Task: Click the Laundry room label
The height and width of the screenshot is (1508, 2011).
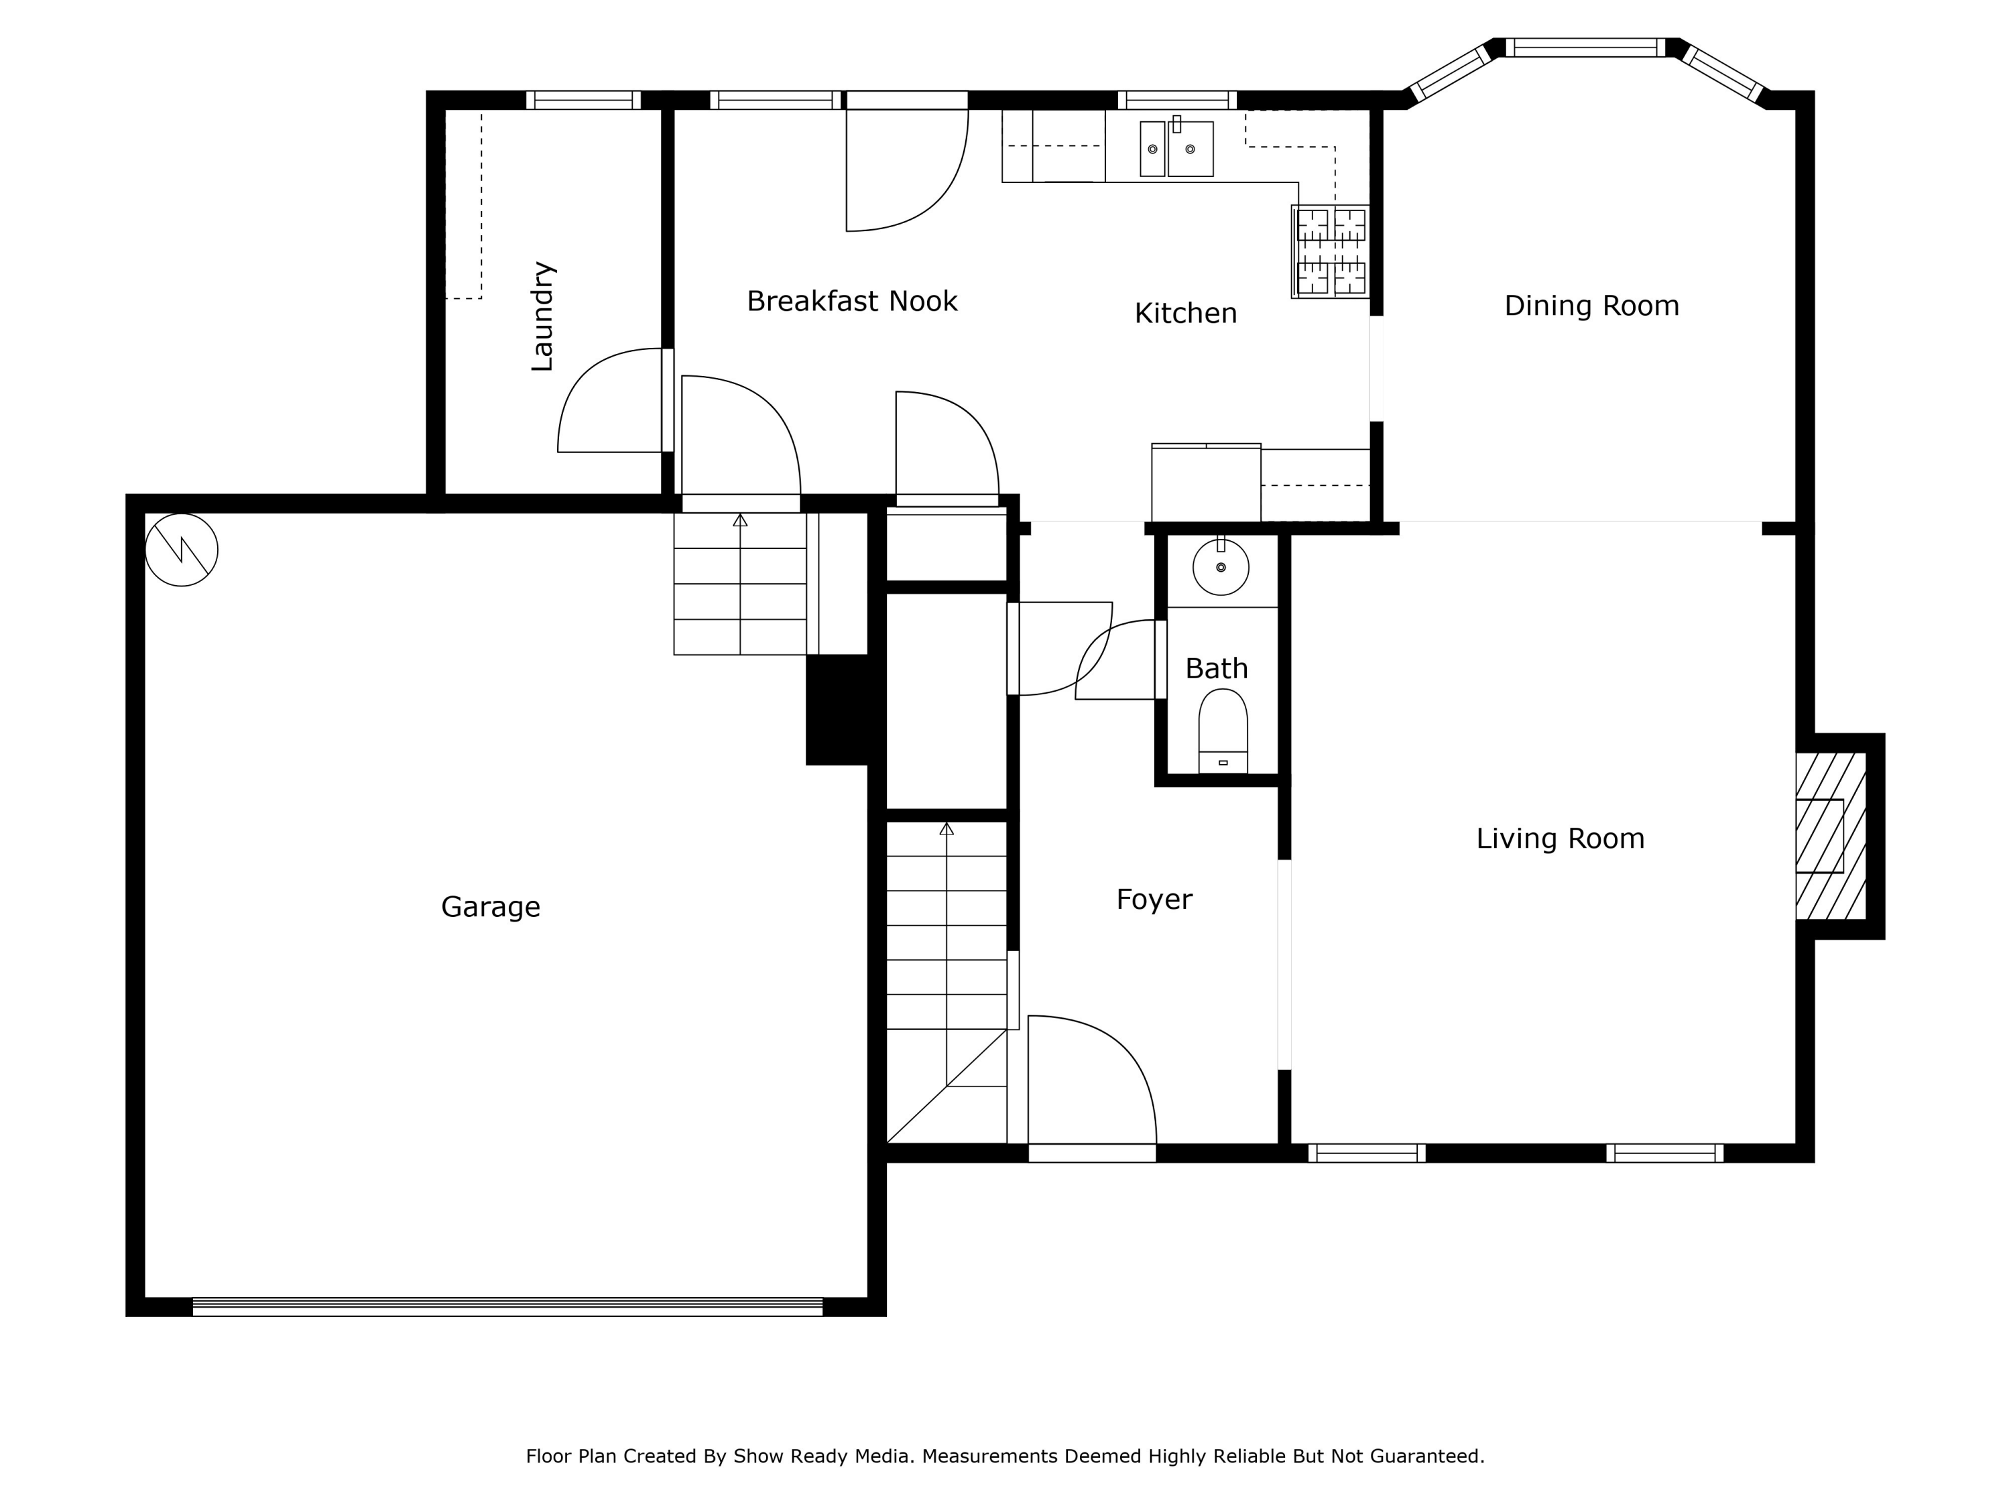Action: (x=542, y=316)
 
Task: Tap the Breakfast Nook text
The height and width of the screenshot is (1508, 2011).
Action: (x=852, y=301)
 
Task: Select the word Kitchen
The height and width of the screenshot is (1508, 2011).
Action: (x=1186, y=314)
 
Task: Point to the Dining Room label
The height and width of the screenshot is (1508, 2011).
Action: (x=1591, y=306)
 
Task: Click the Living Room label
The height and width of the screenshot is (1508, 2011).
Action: (x=1560, y=838)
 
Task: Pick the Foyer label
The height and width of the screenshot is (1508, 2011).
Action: (x=1154, y=899)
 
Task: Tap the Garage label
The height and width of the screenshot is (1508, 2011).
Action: (x=490, y=906)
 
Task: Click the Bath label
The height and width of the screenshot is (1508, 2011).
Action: (x=1217, y=669)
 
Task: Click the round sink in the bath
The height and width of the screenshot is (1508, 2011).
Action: (x=1220, y=567)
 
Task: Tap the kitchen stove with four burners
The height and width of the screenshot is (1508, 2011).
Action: (x=1330, y=252)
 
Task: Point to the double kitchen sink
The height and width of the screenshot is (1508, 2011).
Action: (x=1176, y=148)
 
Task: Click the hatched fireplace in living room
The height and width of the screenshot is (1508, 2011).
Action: (x=1830, y=836)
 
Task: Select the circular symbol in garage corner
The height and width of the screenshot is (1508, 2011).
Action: (x=182, y=550)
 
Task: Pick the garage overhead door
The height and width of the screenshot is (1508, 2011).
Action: (x=507, y=1306)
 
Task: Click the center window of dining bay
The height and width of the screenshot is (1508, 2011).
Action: (x=1585, y=48)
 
